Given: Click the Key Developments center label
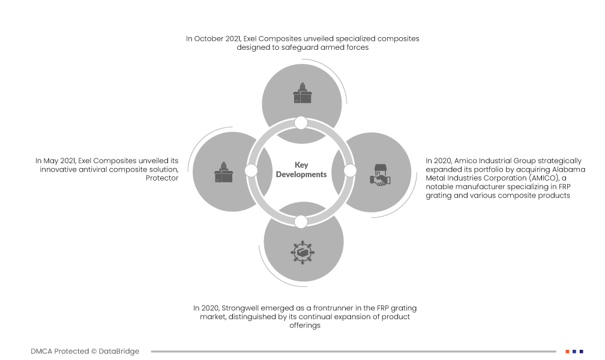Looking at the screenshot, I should [x=301, y=170].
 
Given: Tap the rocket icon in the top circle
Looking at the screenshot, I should [x=302, y=92].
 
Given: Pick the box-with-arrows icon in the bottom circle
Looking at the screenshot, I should [x=302, y=252].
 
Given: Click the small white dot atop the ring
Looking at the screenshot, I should [x=301, y=123].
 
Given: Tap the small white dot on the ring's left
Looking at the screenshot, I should [x=251, y=171].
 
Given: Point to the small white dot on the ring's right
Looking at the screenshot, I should [x=351, y=171].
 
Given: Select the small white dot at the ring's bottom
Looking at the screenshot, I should [x=301, y=221].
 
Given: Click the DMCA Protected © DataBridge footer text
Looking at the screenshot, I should [x=85, y=352].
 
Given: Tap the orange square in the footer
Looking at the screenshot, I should [x=567, y=352].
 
